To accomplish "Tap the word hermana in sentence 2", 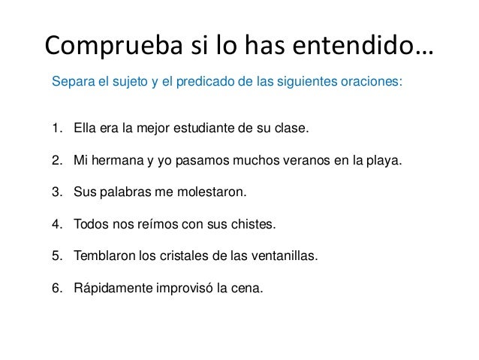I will tap(119, 160).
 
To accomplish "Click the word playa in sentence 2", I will tap(384, 160).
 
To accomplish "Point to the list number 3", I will tap(57, 192).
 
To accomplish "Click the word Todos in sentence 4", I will tap(91, 224).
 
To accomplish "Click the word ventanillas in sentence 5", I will tap(287, 256).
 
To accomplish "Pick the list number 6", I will tap(57, 289).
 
